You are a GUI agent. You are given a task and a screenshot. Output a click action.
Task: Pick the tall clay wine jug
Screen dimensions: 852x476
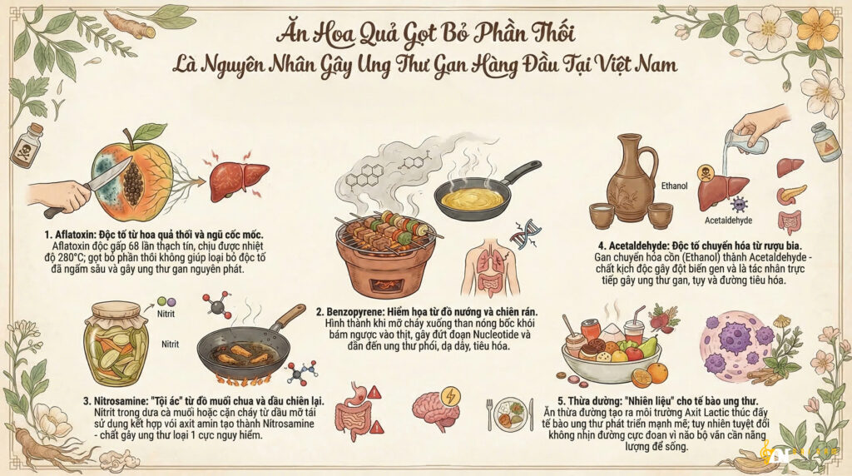632,178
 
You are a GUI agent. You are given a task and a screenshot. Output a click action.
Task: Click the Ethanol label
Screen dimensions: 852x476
674,186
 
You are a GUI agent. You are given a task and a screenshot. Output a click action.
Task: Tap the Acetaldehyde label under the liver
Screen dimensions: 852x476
728,221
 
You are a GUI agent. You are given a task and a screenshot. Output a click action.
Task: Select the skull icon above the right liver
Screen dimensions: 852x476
706,173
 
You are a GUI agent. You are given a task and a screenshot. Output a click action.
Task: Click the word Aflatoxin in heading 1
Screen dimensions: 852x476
74,235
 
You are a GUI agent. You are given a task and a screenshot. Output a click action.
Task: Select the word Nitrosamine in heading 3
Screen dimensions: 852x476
119,401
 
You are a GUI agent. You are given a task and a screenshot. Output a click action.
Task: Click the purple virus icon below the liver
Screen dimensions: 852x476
739,205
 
